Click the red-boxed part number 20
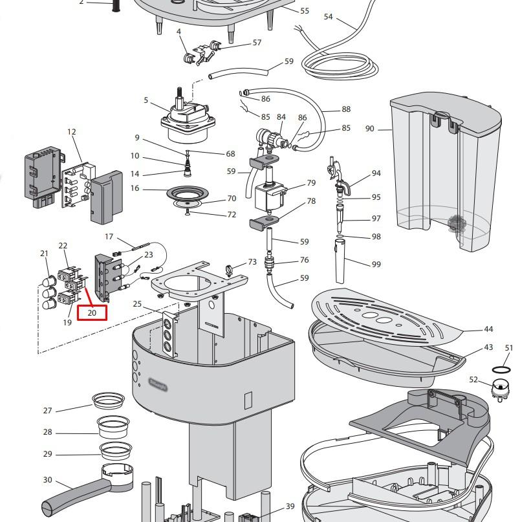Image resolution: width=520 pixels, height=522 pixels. [91, 312]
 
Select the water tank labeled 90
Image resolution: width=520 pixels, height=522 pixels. [446, 175]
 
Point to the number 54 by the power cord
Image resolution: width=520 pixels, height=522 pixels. [328, 17]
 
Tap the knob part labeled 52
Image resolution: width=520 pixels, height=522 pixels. [498, 389]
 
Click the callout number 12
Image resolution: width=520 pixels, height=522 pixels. [71, 132]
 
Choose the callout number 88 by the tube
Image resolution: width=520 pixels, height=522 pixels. [346, 110]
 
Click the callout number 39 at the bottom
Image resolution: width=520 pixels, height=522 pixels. [290, 506]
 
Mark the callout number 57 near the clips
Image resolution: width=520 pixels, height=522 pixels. [257, 43]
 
